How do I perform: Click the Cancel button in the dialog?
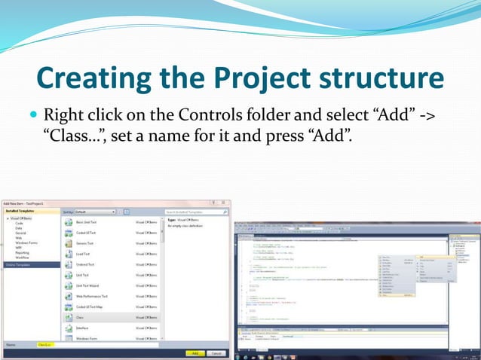tap(216, 353)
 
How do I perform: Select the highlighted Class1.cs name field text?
tap(44, 344)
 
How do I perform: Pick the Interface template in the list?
tap(84, 329)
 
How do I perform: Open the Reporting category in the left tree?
tap(21, 252)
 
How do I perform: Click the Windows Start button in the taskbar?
tap(239, 356)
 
